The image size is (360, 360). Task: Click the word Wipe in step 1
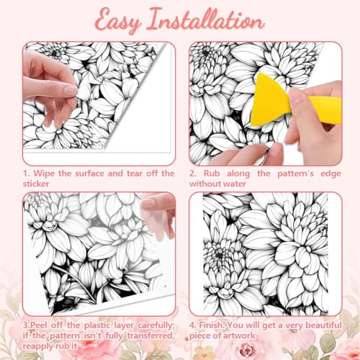pos(45,174)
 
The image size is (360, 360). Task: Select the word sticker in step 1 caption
pos(36,184)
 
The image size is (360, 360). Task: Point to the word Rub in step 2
pos(212,174)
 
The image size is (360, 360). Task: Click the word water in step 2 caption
pos(234,184)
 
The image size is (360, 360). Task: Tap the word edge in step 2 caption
pos(330,174)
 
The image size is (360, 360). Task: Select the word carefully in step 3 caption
pos(156,325)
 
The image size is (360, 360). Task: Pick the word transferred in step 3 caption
pos(150,336)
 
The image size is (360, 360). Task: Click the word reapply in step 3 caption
pos(38,346)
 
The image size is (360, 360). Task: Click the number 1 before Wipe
pos(26,174)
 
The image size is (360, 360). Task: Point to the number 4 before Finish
pos(192,325)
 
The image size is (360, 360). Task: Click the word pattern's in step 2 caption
pos(295,174)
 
